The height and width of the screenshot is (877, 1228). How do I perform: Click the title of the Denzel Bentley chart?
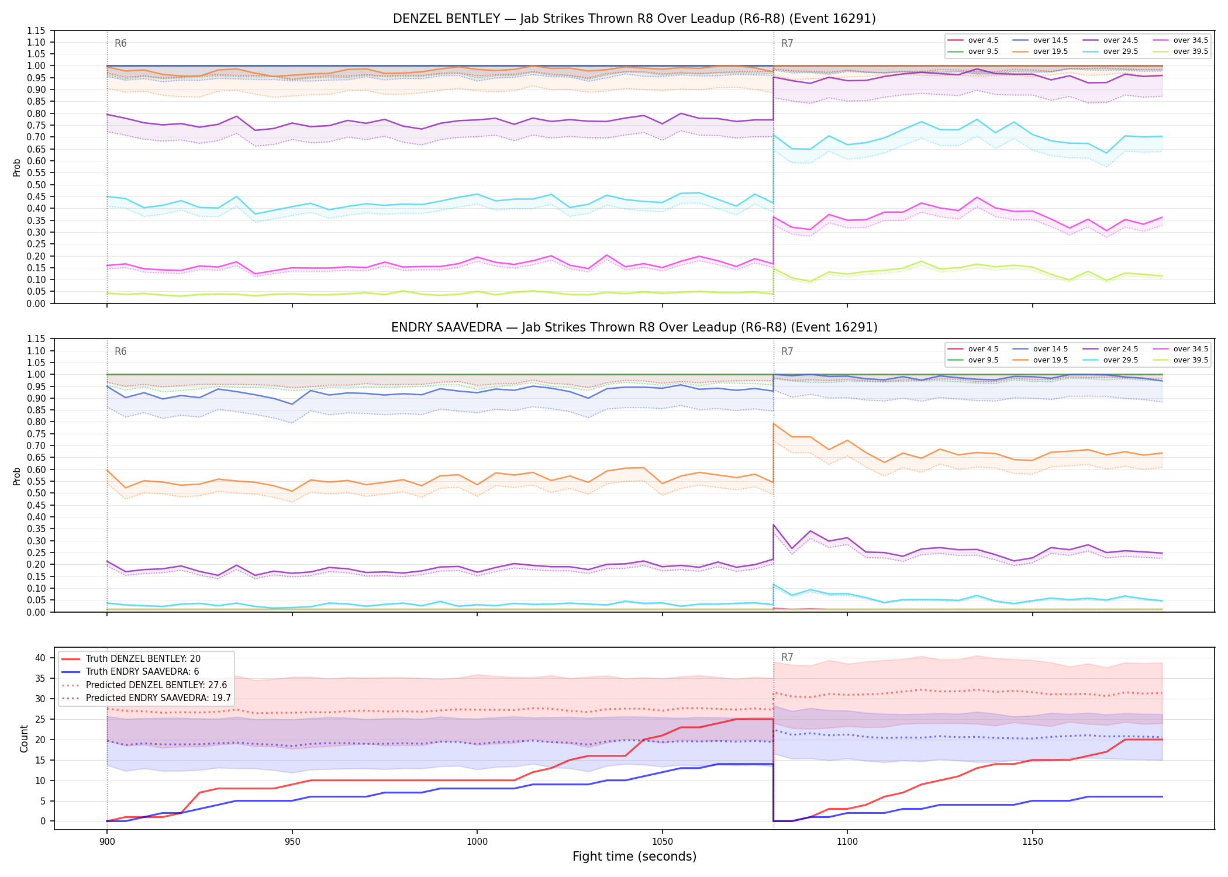(634, 19)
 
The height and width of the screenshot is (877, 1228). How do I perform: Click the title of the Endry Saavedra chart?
(634, 327)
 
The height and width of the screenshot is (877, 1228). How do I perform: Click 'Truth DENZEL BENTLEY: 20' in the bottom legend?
(143, 659)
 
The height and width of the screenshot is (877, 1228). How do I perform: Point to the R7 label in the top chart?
(787, 43)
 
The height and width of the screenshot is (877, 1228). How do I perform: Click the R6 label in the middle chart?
(120, 351)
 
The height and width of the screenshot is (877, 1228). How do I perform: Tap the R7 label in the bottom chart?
(787, 657)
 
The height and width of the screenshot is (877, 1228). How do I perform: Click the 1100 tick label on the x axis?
(847, 842)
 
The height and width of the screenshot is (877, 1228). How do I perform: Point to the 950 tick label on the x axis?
(292, 842)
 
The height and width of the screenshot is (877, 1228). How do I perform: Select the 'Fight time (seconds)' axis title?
(634, 857)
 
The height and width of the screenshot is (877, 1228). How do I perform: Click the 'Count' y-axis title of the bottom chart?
(24, 738)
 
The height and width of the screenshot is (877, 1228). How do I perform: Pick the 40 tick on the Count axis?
(40, 658)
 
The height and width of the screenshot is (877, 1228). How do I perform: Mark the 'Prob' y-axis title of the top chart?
(16, 168)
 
